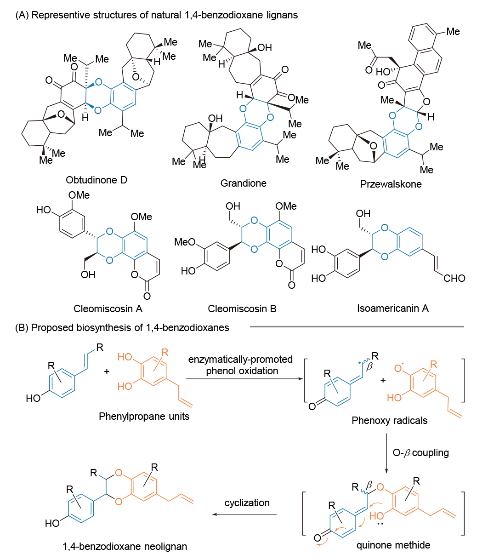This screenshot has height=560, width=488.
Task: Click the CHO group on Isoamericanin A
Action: pos(455,278)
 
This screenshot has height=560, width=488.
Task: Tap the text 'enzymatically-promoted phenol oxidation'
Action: pos(240,365)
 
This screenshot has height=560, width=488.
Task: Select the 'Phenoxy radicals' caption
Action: pos(389,420)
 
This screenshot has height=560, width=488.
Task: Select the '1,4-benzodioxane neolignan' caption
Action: pos(125,547)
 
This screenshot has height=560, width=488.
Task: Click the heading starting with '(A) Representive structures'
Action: pos(156,15)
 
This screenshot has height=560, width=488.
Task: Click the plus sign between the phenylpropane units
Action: pos(107,371)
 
